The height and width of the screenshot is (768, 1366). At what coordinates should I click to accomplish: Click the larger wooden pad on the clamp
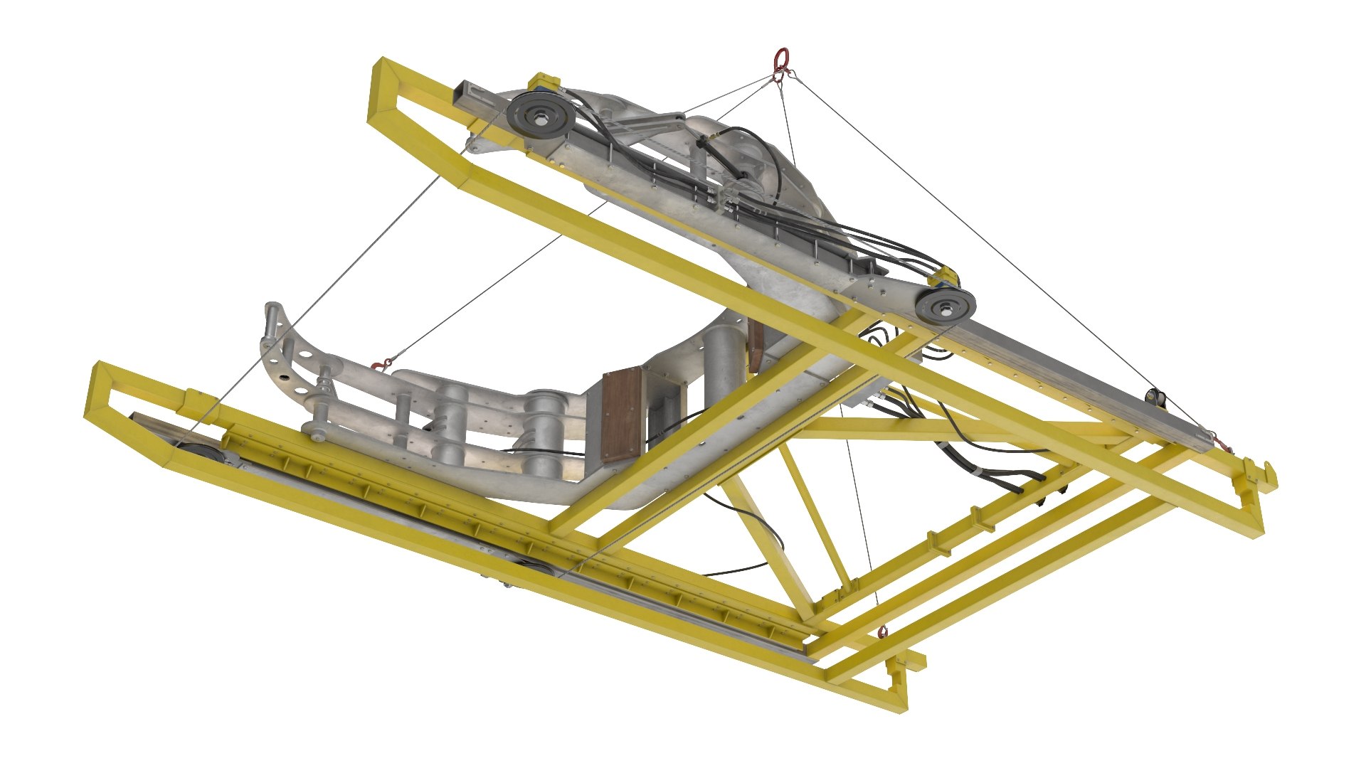coord(621,416)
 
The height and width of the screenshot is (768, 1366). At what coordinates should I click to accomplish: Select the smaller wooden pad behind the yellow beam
coord(756,345)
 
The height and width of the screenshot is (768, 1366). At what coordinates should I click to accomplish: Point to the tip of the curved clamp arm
coord(271,311)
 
